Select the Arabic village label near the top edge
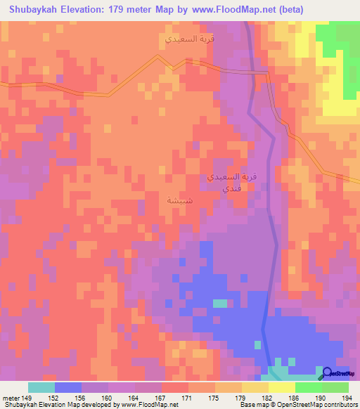click(x=188, y=38)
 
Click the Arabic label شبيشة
click(x=176, y=200)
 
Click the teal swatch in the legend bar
click(x=41, y=387)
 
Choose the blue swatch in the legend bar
click(x=68, y=387)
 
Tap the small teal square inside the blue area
click(x=220, y=304)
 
